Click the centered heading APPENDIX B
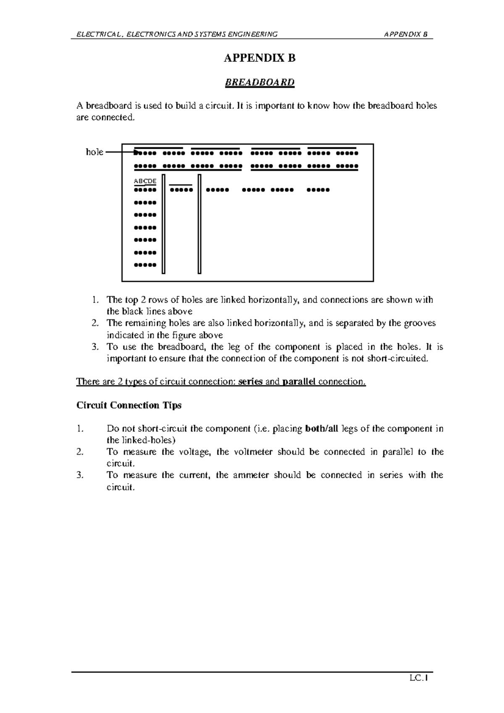(x=260, y=58)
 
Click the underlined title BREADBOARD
(x=260, y=82)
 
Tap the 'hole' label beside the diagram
(x=94, y=152)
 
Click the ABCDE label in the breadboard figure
(x=145, y=181)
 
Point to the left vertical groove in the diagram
(x=163, y=224)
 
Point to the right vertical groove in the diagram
(x=199, y=224)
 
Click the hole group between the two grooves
(x=181, y=190)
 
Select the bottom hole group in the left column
(x=145, y=265)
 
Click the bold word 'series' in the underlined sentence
(x=250, y=382)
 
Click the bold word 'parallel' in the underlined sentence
(x=299, y=382)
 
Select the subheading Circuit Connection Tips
(x=129, y=405)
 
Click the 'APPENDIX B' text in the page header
(x=406, y=34)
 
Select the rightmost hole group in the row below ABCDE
(x=318, y=190)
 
